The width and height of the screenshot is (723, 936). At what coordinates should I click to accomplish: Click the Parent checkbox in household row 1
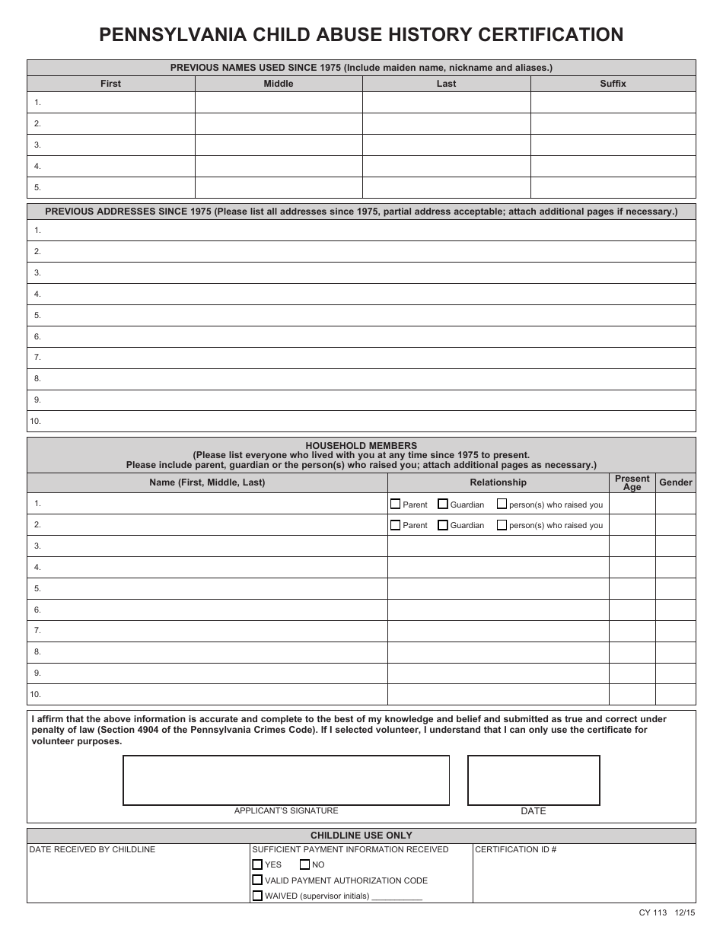(x=395, y=504)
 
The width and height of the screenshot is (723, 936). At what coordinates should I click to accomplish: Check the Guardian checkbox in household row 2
(x=443, y=525)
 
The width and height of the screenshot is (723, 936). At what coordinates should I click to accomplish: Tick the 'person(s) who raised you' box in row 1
(x=502, y=504)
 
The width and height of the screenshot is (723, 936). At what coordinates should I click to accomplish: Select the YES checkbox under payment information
(x=257, y=864)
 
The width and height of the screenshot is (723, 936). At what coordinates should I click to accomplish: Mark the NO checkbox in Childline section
(x=304, y=864)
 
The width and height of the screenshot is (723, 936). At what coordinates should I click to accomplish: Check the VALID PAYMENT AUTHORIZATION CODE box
(x=257, y=880)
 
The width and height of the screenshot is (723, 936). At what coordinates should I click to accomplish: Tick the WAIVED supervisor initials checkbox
(x=257, y=896)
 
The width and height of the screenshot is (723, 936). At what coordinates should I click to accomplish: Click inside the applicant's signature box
(x=286, y=780)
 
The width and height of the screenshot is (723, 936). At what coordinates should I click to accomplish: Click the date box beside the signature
(x=533, y=780)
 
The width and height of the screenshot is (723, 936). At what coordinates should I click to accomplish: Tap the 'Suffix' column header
(x=613, y=84)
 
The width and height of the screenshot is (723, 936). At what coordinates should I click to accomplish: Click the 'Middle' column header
(x=278, y=84)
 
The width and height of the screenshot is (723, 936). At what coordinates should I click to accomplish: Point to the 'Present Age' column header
(x=632, y=482)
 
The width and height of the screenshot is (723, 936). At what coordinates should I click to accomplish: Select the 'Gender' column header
(x=675, y=482)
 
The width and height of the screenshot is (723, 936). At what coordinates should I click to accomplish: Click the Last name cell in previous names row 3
(x=446, y=145)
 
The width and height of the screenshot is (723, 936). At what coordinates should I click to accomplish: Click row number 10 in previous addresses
(x=35, y=421)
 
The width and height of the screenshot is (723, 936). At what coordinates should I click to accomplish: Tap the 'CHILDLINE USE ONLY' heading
(x=361, y=836)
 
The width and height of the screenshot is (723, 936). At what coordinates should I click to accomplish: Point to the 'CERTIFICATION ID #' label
(x=515, y=849)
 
